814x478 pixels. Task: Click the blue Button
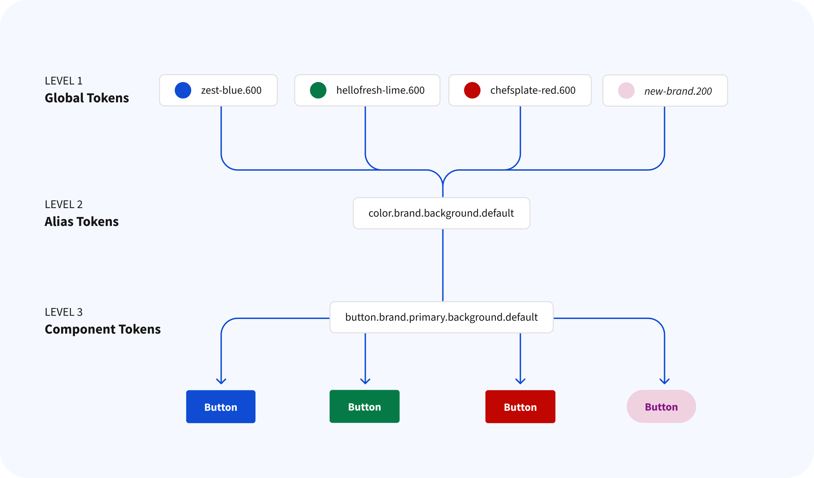point(221,407)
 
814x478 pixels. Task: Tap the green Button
point(364,406)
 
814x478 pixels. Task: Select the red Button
point(520,407)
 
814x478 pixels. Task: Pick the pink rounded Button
point(661,406)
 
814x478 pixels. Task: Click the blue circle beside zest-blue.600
point(183,90)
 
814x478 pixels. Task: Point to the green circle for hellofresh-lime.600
point(318,90)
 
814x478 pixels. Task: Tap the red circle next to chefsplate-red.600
point(472,90)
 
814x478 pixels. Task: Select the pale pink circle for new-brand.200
point(626,91)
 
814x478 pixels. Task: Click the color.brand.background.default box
point(441,213)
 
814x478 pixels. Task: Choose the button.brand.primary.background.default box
point(441,317)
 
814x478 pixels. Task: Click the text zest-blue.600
point(231,90)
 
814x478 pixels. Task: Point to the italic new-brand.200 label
point(678,91)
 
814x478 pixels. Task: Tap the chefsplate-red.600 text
point(533,90)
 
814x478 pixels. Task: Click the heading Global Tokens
point(87,98)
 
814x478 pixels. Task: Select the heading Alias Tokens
point(82,221)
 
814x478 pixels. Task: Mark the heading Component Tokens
point(103,329)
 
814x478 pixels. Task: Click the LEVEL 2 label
point(64,204)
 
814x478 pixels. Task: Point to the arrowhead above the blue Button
point(221,381)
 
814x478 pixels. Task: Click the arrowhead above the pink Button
point(665,381)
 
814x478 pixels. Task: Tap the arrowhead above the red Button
point(521,381)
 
